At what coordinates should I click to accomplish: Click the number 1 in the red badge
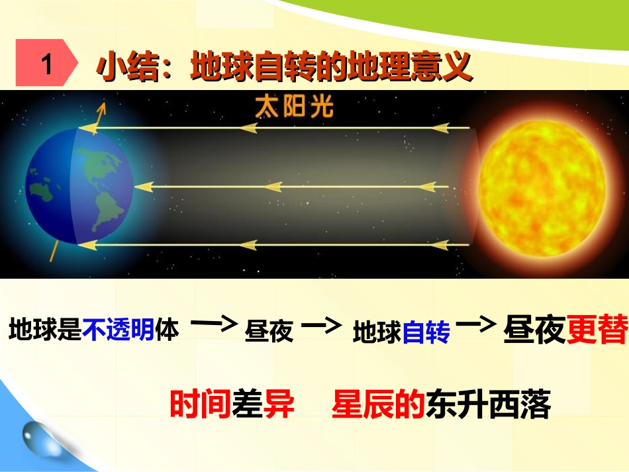pyautogui.click(x=46, y=66)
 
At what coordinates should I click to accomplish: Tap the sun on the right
pyautogui.click(x=542, y=188)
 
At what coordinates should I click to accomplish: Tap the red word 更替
pyautogui.click(x=597, y=327)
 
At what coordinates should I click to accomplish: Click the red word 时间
pyautogui.click(x=200, y=404)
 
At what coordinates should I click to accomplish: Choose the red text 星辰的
pyautogui.click(x=379, y=404)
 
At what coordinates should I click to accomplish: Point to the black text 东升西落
pyautogui.click(x=489, y=404)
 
